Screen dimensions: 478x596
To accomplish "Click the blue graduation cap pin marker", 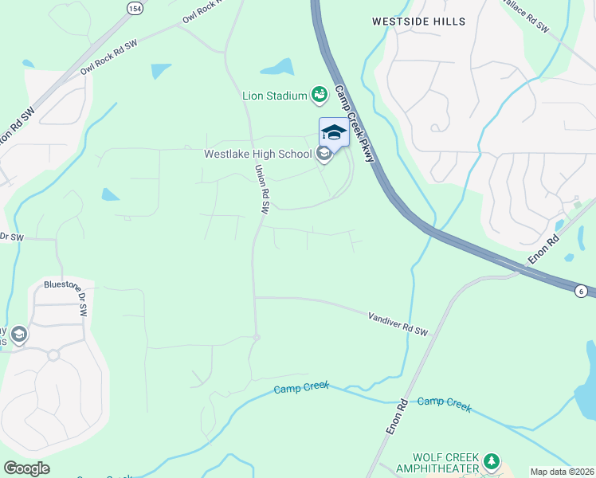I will (334, 132).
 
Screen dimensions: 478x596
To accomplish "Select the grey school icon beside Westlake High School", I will (323, 154).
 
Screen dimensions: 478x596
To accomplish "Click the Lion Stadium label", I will (275, 96).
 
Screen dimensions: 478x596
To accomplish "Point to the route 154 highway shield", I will (135, 6).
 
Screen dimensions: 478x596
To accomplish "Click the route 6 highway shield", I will (583, 291).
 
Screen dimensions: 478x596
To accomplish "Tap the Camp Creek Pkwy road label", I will (355, 123).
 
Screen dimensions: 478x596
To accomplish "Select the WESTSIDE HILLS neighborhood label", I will (419, 22).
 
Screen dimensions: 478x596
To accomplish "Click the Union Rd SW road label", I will (261, 190).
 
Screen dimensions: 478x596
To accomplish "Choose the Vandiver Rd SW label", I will (398, 323).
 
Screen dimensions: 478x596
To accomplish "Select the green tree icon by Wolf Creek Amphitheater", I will (492, 461).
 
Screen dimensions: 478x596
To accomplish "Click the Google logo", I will (26, 468).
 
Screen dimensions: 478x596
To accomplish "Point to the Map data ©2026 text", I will (562, 472).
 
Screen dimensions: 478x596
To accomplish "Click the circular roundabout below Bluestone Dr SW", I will (53, 355).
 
